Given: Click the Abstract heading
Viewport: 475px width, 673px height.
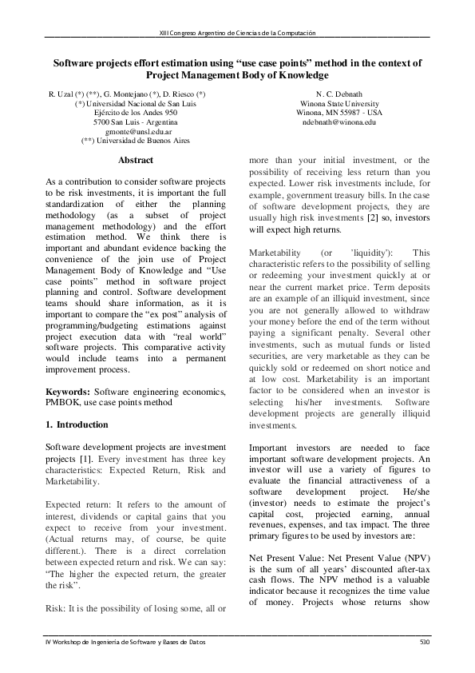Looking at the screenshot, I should point(136,161).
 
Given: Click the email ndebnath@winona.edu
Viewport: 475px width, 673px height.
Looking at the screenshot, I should point(340,122).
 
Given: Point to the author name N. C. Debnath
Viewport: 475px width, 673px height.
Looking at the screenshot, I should point(340,94).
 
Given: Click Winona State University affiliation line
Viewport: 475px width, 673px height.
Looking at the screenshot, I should point(340,104).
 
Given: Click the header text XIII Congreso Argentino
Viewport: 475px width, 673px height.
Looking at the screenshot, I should point(237,33).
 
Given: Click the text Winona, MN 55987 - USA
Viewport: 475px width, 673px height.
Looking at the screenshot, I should point(340,113).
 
